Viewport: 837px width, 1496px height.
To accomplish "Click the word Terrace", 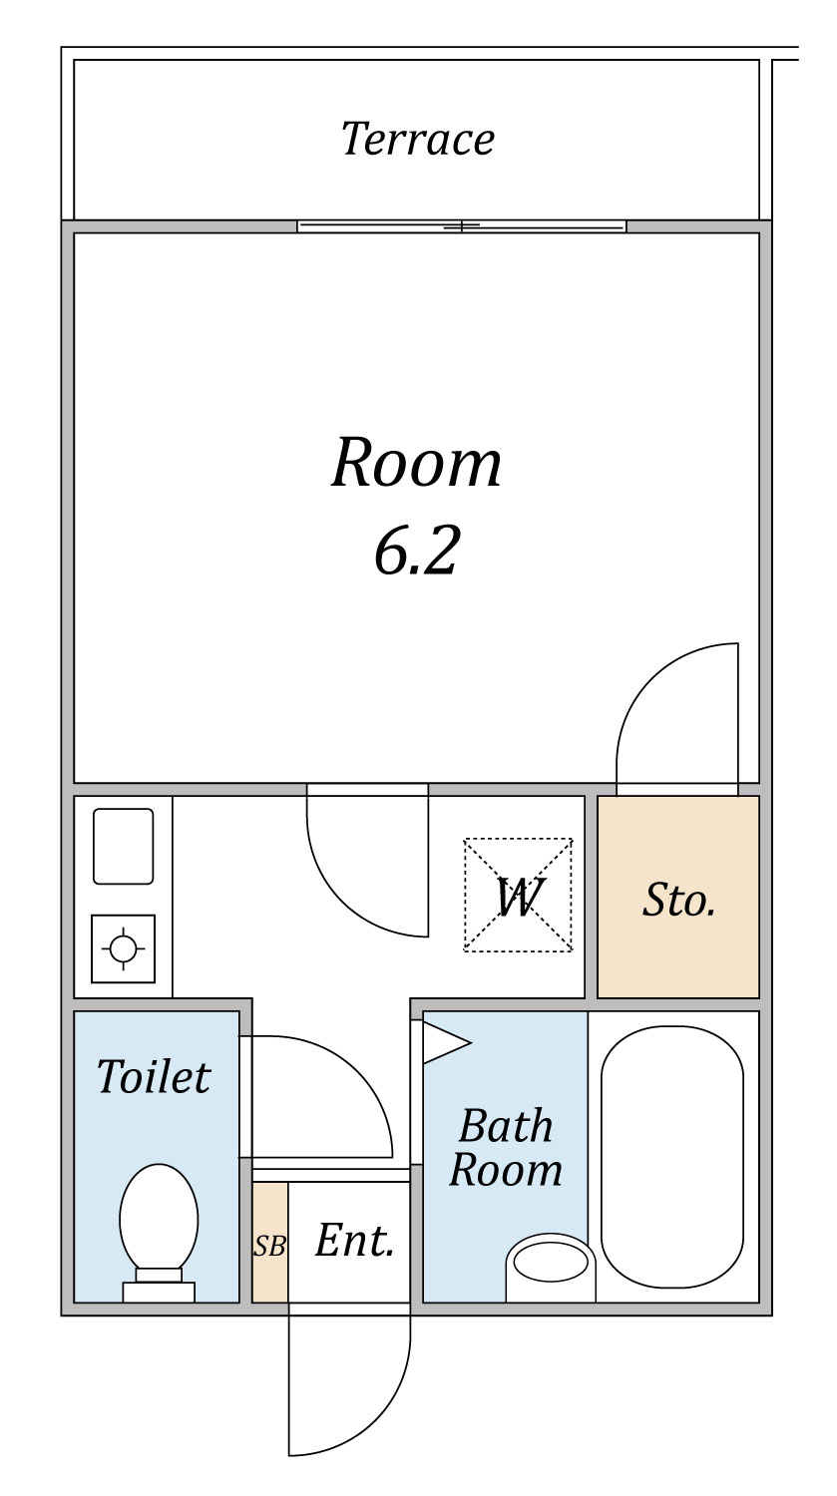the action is click(x=418, y=139).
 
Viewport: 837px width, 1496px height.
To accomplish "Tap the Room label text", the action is click(x=416, y=462).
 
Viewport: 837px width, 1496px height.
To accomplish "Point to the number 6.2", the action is click(x=416, y=551).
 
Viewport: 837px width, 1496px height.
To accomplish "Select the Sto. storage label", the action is click(x=678, y=901).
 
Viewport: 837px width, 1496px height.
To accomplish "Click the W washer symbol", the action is click(x=519, y=895).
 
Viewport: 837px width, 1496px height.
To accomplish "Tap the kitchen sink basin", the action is click(x=124, y=846).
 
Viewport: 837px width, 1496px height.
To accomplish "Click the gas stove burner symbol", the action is click(x=124, y=948).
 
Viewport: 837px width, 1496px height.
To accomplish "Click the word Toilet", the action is click(x=155, y=1076).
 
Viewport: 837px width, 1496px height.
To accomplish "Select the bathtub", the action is click(x=672, y=1156).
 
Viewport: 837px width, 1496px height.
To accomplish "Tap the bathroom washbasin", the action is click(x=551, y=1267).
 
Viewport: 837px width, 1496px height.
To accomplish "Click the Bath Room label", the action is click(x=506, y=1147).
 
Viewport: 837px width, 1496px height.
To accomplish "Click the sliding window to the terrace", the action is click(x=462, y=226).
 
